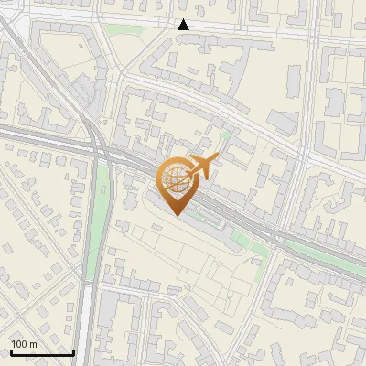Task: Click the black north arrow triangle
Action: pyautogui.click(x=184, y=25)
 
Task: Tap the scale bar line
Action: pyautogui.click(x=42, y=352)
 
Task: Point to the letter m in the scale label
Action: pyautogui.click(x=34, y=345)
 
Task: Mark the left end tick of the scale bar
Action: pyautogui.click(x=11, y=351)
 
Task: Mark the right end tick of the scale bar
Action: pyautogui.click(x=73, y=351)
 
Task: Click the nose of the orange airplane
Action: pyautogui.click(x=217, y=159)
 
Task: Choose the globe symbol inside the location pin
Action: pyautogui.click(x=177, y=179)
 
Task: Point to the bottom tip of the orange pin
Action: pyautogui.click(x=177, y=216)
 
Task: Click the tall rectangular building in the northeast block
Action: pyautogui.click(x=294, y=82)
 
